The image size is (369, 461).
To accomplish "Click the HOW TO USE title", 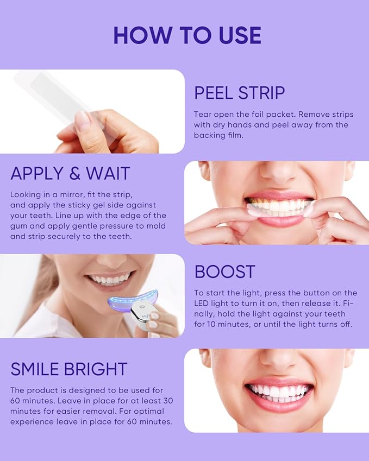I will [x=187, y=35].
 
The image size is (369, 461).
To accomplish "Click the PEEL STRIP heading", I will [x=239, y=93].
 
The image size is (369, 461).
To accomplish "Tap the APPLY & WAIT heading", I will [x=70, y=174].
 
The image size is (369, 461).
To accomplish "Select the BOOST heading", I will [x=224, y=271].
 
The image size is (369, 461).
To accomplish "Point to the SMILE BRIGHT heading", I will [x=68, y=369].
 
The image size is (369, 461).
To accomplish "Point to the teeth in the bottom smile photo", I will [x=279, y=391].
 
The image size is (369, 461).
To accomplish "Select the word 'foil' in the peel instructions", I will [x=271, y=115].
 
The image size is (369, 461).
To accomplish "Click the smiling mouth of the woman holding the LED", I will [x=110, y=279].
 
